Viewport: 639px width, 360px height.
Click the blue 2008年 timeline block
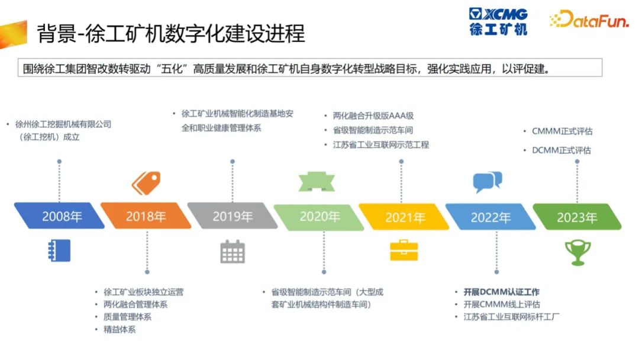pyautogui.click(x=60, y=216)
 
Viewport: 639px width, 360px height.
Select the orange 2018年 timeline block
pyautogui.click(x=146, y=216)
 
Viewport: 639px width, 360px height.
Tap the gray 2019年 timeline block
pyautogui.click(x=233, y=216)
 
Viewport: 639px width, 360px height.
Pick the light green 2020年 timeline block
pyautogui.click(x=319, y=217)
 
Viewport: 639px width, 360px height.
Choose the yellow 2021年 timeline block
pyautogui.click(x=404, y=217)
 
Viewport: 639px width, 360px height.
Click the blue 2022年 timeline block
pyautogui.click(x=490, y=217)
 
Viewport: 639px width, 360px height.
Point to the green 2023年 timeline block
pyautogui.click(x=577, y=217)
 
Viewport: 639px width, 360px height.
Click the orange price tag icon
pyautogui.click(x=146, y=183)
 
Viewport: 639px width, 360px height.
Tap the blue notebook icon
pyautogui.click(x=59, y=250)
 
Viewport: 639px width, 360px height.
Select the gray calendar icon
pyautogui.click(x=233, y=252)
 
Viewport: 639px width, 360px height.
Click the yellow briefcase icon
pyautogui.click(x=404, y=250)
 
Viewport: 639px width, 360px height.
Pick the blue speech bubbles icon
pyautogui.click(x=488, y=182)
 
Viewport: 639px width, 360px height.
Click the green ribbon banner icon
pyautogui.click(x=317, y=182)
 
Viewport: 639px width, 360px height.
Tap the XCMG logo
pyautogui.click(x=498, y=21)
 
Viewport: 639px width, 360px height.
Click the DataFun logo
pyautogui.click(x=589, y=19)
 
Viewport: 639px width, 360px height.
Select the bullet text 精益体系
pyautogui.click(x=120, y=329)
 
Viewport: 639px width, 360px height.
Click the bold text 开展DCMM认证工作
pyautogui.click(x=501, y=292)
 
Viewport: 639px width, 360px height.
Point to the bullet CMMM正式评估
pyautogui.click(x=563, y=131)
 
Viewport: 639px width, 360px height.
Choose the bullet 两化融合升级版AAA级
pyautogui.click(x=373, y=116)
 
